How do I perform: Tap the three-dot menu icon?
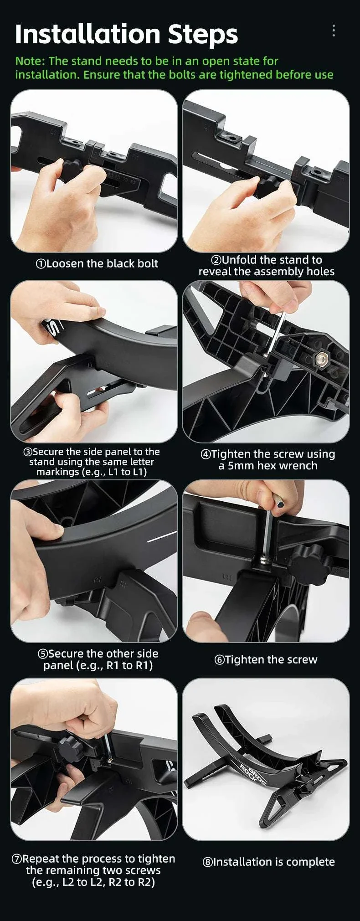[x=334, y=31]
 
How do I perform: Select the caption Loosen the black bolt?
[x=97, y=263]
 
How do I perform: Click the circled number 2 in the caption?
[x=216, y=260]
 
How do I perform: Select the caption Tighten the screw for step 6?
[x=266, y=659]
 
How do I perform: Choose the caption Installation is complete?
[x=269, y=862]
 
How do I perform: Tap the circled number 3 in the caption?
[x=28, y=452]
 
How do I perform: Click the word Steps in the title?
[x=203, y=35]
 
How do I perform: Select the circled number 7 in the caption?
[x=16, y=859]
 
